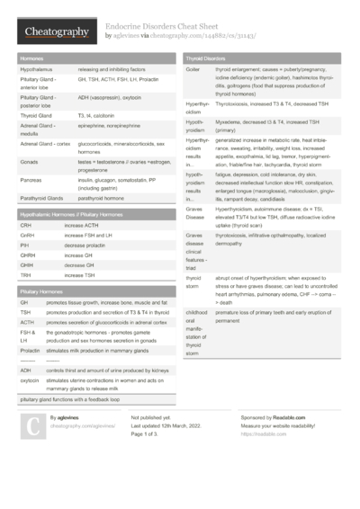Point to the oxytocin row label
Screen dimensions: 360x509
[x=30, y=380]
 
